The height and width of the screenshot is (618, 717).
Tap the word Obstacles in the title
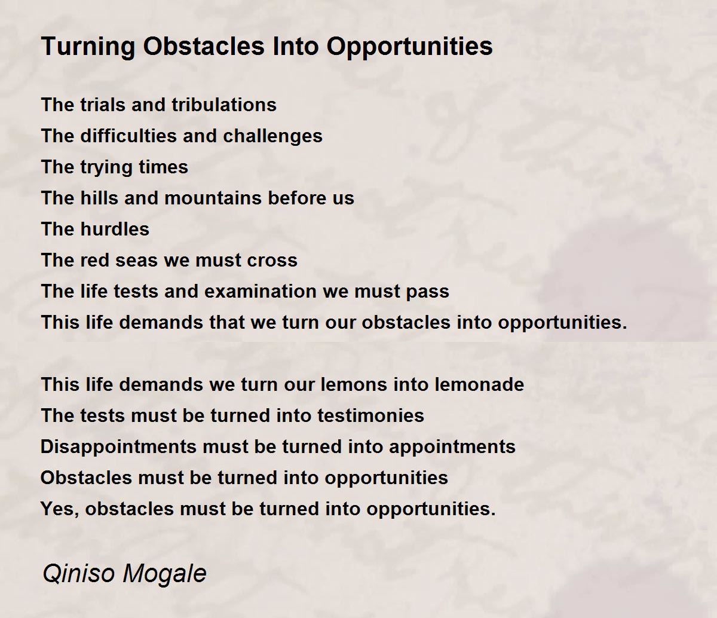[204, 46]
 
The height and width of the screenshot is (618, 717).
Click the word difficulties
[128, 136]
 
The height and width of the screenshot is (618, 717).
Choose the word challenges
[272, 136]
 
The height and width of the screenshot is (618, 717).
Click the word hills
[100, 198]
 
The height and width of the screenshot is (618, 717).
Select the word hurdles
[115, 229]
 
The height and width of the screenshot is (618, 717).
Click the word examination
[260, 291]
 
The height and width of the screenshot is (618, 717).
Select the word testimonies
[370, 415]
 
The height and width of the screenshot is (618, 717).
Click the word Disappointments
[119, 447]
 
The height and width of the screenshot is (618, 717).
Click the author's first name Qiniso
[79, 573]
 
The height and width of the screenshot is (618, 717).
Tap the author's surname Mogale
[165, 574]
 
